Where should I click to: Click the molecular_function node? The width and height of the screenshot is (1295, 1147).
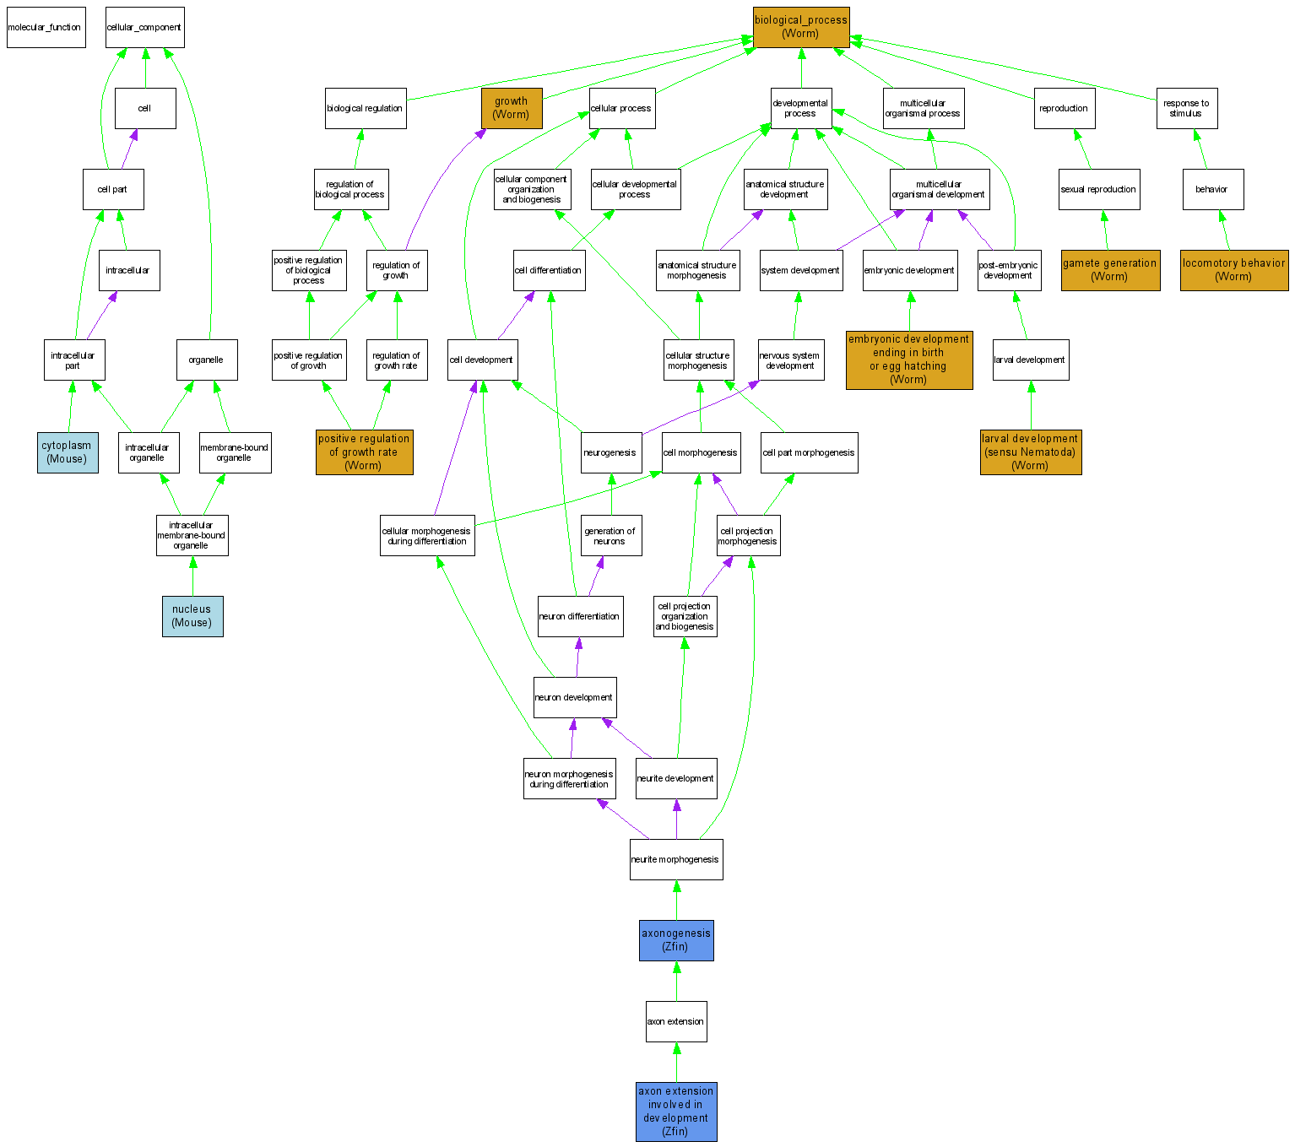point(46,28)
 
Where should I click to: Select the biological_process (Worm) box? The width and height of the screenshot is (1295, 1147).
point(800,27)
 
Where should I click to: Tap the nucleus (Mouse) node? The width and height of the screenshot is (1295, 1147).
point(192,616)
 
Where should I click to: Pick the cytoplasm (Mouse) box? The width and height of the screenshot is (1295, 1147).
point(68,452)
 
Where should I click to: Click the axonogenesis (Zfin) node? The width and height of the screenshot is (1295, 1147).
point(676,940)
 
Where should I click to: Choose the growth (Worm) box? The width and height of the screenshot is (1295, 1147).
point(512,108)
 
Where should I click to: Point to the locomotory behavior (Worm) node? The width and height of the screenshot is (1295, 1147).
point(1233,270)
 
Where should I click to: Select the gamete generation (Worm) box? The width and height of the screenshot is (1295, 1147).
point(1110,270)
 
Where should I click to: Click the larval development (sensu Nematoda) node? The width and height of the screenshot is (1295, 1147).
point(1030,452)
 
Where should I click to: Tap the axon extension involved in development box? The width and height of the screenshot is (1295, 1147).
point(676,1112)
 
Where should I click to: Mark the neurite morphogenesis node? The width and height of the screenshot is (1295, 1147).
point(675,859)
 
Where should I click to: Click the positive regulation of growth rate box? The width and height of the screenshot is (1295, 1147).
point(364,452)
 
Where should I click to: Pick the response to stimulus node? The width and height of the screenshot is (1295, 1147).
point(1186,108)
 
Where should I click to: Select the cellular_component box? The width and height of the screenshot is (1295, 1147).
point(144,28)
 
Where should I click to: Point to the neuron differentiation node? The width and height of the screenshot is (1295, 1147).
point(580,616)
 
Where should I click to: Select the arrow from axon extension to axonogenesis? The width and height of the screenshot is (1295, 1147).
point(676,981)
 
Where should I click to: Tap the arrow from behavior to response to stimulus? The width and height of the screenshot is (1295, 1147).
point(1200,149)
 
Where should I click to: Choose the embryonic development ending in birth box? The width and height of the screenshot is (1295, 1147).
point(909,360)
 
